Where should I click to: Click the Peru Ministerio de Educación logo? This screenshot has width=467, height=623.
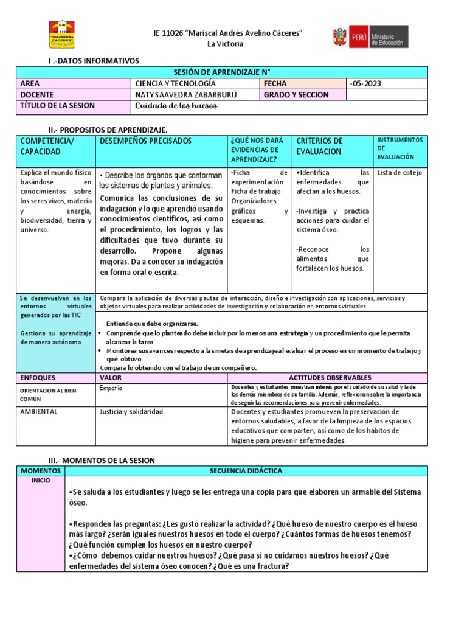click(370, 37)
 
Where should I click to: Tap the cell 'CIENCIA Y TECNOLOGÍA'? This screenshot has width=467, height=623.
click(175, 83)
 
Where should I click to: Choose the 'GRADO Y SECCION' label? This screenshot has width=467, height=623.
click(296, 95)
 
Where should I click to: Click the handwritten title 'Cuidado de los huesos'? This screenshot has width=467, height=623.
click(176, 106)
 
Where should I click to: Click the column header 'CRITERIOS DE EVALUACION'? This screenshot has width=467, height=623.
click(319, 146)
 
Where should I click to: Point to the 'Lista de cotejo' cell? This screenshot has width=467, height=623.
click(400, 173)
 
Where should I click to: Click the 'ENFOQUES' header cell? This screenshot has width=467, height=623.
click(38, 378)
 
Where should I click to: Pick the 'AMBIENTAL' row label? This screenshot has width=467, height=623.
click(39, 412)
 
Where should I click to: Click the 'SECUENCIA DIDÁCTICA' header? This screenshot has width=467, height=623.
click(246, 471)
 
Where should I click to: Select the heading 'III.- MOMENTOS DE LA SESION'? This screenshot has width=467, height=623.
click(101, 459)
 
